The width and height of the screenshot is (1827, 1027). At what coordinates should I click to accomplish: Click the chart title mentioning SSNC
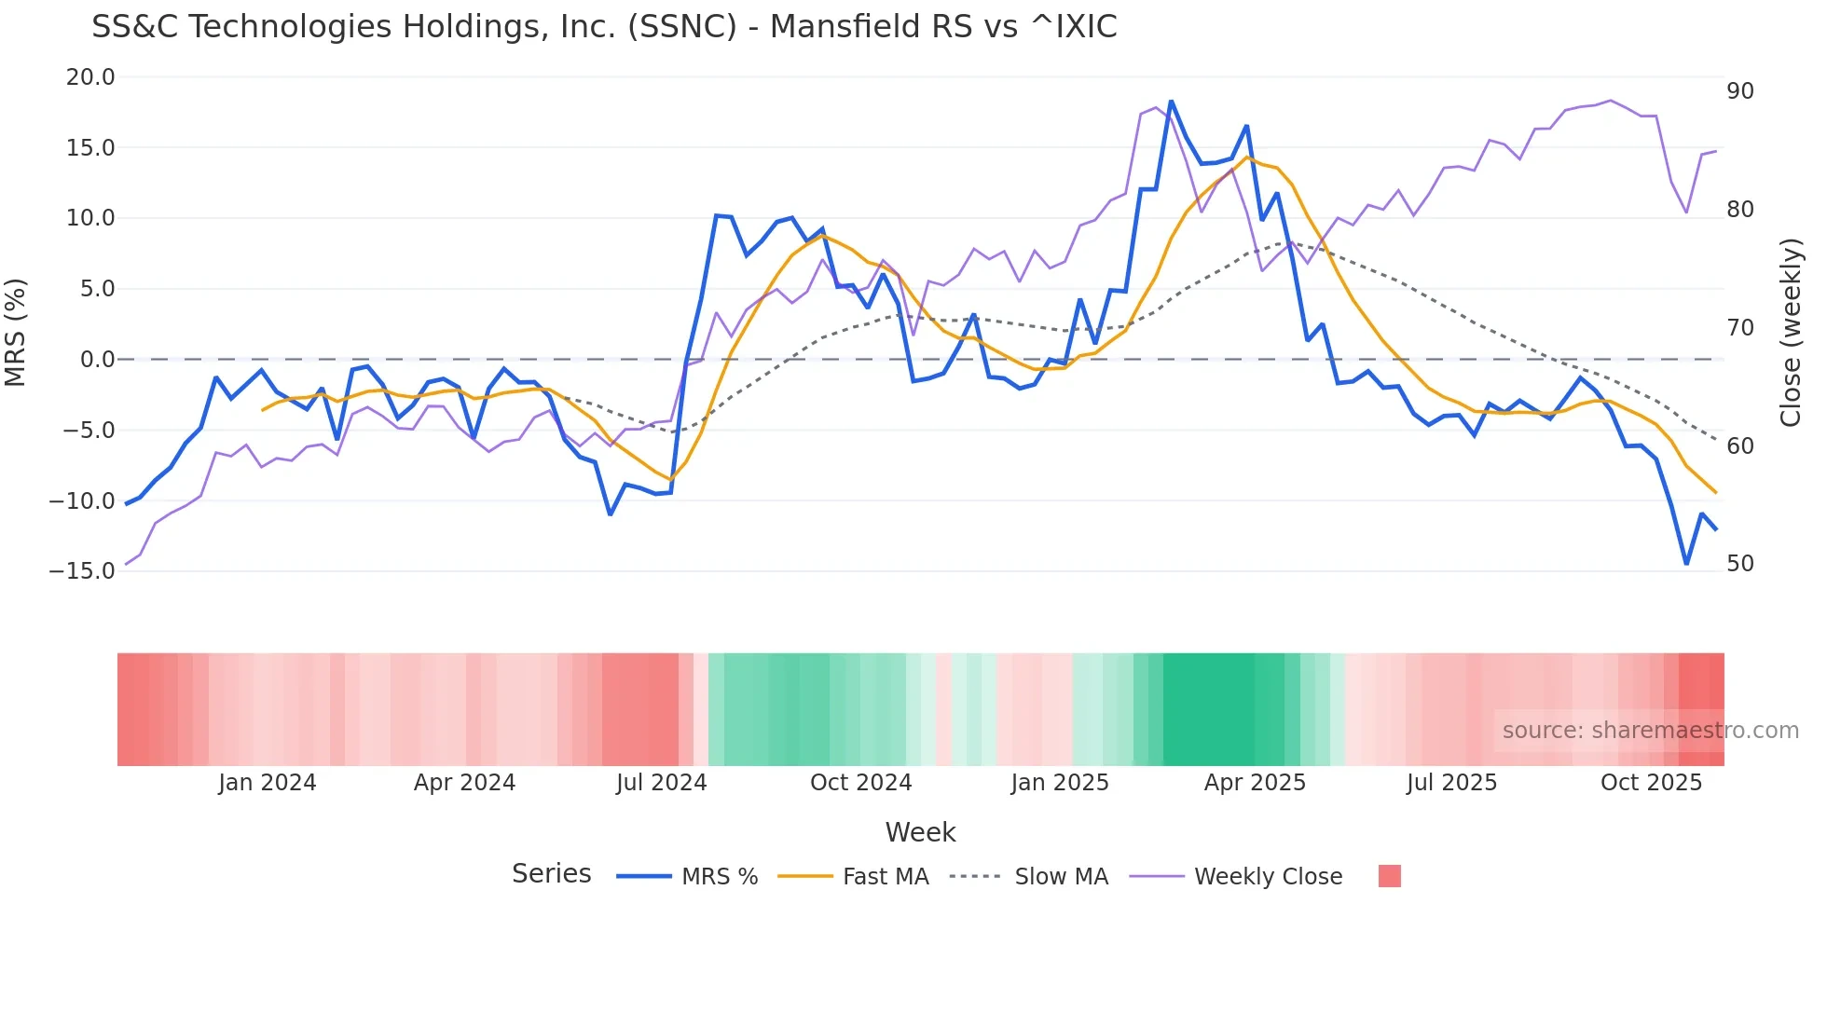[x=604, y=27]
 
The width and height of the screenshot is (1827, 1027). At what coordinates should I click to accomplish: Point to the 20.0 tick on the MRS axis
[x=90, y=77]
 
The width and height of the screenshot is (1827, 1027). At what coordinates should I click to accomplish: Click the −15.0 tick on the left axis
[x=82, y=570]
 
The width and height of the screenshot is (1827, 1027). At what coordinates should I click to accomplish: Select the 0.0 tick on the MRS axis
[x=97, y=360]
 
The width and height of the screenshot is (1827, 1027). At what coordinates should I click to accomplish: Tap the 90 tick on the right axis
[x=1740, y=91]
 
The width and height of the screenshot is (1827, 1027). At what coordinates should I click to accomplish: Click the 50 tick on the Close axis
[x=1740, y=564]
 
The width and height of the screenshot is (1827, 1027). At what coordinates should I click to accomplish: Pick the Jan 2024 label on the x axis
[x=268, y=783]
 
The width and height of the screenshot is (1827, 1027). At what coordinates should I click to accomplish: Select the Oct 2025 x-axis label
[x=1651, y=783]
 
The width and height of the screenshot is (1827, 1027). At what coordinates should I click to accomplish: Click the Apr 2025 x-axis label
[x=1255, y=783]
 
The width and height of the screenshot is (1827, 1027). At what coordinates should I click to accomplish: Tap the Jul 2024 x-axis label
[x=662, y=783]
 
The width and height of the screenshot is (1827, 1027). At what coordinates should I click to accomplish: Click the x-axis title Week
[x=920, y=832]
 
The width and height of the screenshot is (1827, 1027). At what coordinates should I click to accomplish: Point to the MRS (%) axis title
[x=16, y=332]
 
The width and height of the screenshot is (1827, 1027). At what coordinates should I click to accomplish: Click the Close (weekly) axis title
[x=1790, y=333]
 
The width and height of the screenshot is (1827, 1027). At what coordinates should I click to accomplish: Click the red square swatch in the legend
[x=1389, y=876]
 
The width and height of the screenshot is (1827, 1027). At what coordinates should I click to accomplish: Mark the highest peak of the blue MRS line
[x=1171, y=102]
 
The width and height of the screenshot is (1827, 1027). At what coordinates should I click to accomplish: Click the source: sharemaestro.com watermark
[x=1650, y=731]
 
